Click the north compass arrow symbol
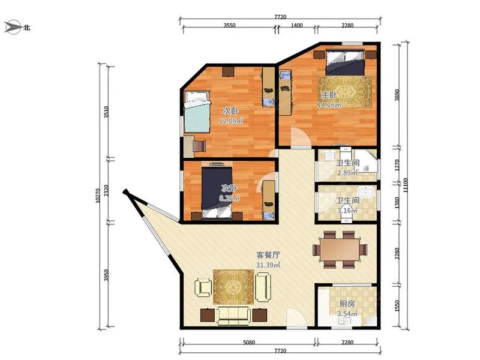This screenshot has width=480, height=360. coord(13,27)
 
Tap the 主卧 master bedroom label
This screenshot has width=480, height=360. coord(329,95)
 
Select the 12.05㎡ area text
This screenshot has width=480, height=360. coord(231,121)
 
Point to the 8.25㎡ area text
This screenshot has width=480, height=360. coord(229,199)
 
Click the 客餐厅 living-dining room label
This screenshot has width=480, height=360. coord(268,255)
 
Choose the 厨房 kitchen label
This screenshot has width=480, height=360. coord(347,304)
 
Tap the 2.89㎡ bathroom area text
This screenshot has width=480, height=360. coord(347,173)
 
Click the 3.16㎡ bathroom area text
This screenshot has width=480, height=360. coord(347,211)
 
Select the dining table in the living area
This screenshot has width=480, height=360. coord(340,250)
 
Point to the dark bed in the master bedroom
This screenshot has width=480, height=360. coord(345,63)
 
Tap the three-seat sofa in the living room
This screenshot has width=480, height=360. coord(234,316)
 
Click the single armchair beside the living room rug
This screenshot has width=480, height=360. coord(203,287)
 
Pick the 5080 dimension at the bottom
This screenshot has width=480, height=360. coord(249,343)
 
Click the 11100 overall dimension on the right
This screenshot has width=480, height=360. coord(406,185)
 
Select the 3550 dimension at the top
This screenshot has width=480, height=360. coord(229,25)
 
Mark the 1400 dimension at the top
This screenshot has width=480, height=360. coord(296,25)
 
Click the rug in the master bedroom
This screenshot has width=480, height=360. coord(345,92)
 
